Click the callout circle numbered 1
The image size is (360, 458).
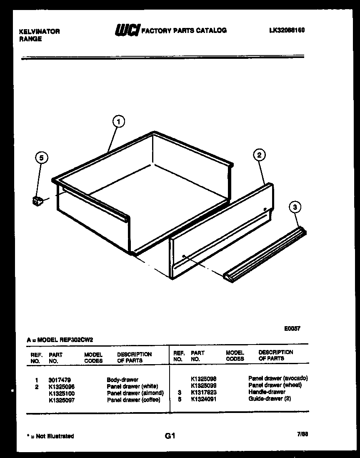119,122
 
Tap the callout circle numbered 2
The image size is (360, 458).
259,155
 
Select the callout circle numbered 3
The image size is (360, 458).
295,206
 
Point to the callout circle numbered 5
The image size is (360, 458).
41,158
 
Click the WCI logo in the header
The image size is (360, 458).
127,30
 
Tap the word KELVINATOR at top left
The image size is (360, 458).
40,32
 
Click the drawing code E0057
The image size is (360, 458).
292,328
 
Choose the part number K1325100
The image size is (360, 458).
61,393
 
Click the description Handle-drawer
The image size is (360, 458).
267,392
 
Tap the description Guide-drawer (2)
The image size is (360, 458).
270,399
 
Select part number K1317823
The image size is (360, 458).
203,393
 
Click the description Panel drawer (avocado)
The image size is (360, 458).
278,378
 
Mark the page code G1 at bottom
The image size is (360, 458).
170,436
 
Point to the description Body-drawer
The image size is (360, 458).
122,380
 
